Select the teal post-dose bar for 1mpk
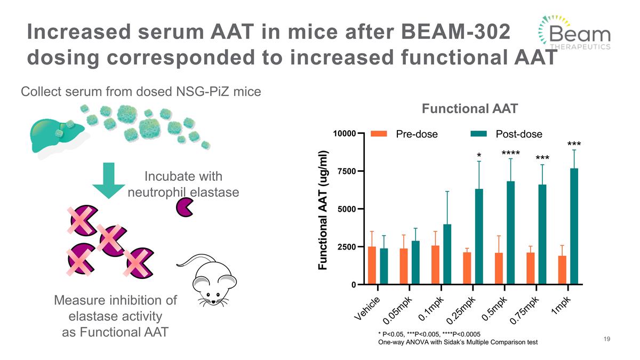coord(574,227)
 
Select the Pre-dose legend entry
coord(405,133)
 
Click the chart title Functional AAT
coord(469,109)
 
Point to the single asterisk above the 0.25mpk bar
coord(479,156)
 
